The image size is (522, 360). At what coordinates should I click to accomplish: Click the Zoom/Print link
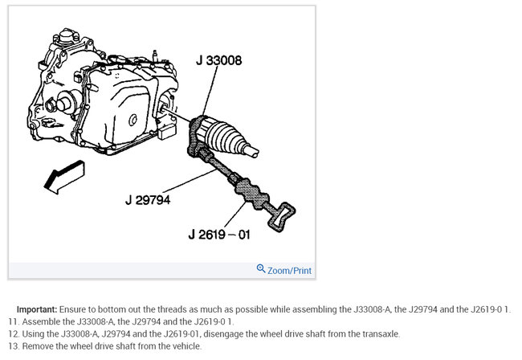[x=289, y=271]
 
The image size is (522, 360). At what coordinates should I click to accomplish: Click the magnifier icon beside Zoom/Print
[x=261, y=269]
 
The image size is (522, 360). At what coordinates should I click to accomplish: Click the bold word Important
[x=37, y=309]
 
